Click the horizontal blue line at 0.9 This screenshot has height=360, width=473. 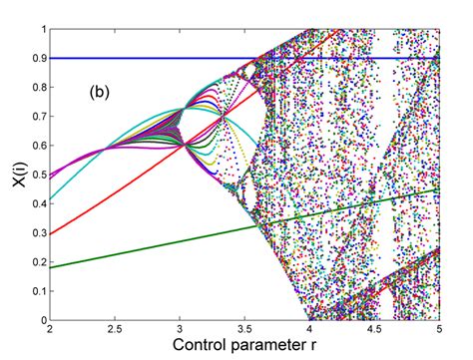click(x=150, y=58)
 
